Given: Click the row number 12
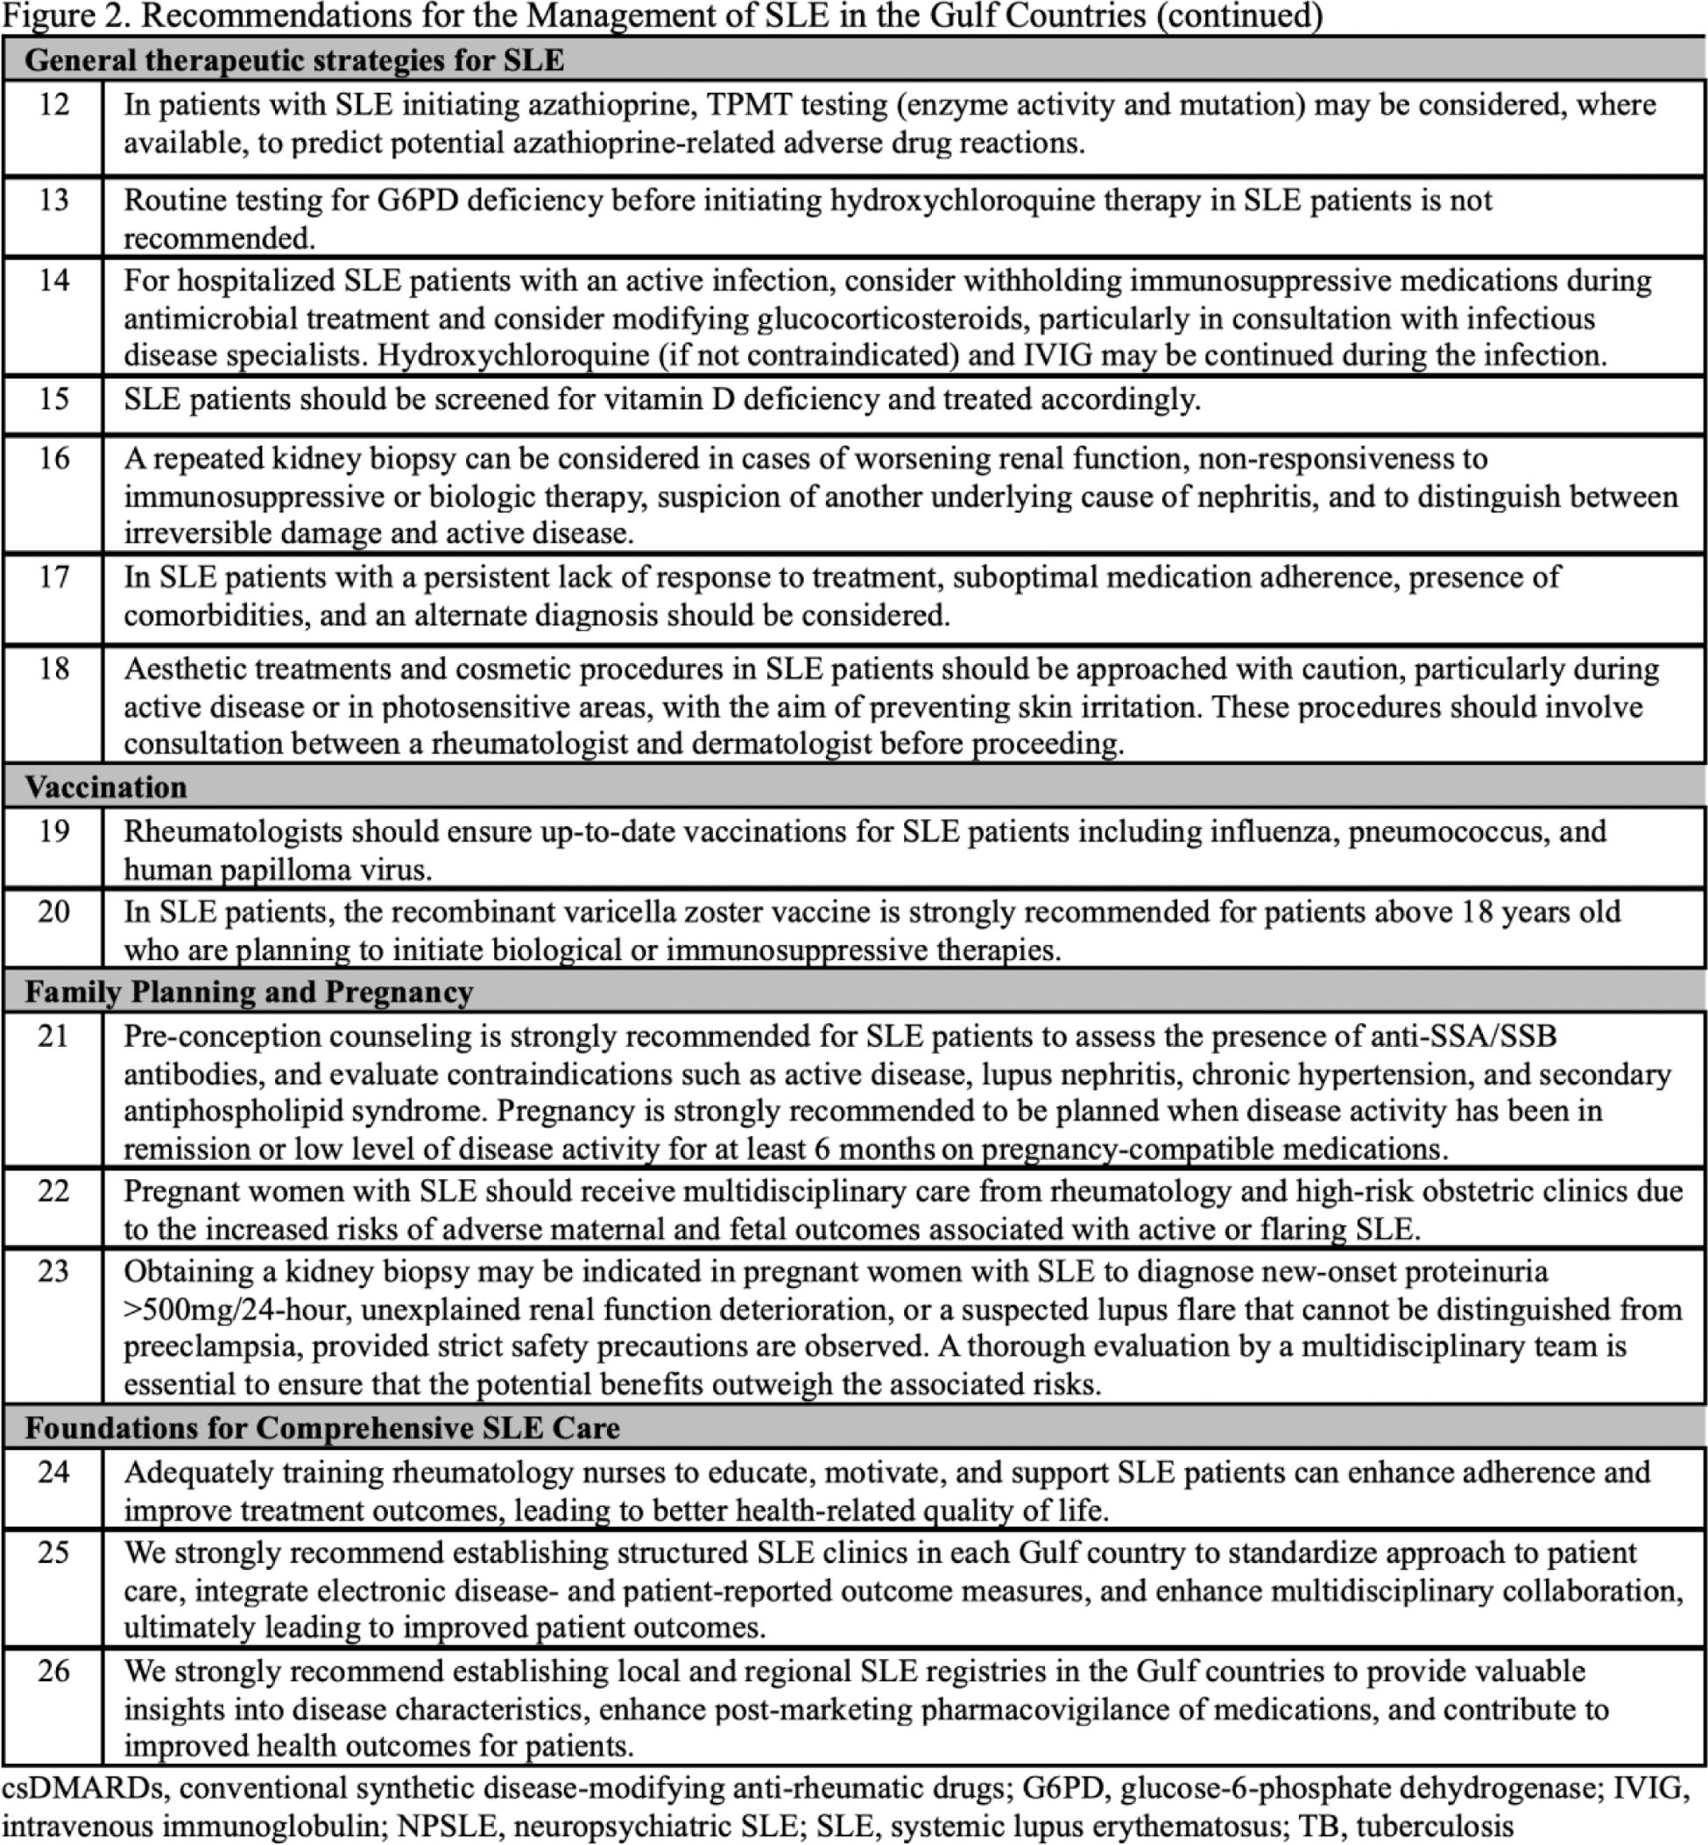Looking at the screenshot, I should tap(53, 104).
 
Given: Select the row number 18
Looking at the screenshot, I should tap(53, 668).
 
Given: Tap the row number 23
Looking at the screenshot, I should tap(53, 1271).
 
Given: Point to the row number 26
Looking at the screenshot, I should tap(53, 1671).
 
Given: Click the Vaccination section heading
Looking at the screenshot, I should tap(105, 787).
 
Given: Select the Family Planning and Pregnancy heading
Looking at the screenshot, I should tap(249, 992).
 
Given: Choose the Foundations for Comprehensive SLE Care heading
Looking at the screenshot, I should tap(321, 1427).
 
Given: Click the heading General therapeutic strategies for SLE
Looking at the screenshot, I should tap(294, 60).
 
